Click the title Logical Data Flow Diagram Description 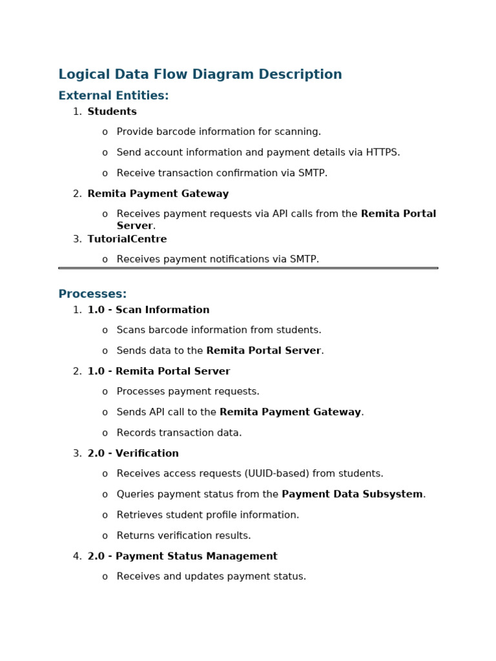[x=200, y=75]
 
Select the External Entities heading [x=114, y=96]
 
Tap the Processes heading [x=92, y=294]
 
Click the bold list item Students [x=112, y=112]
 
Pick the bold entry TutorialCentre [x=127, y=239]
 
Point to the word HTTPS [x=382, y=153]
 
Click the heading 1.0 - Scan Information [x=149, y=310]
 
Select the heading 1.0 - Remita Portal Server [x=159, y=372]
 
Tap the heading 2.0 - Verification [x=133, y=454]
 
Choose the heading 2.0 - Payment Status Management [x=183, y=556]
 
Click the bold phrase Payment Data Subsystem [x=352, y=494]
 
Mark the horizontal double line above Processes [x=248, y=268]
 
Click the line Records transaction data [x=179, y=433]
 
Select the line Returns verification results [x=183, y=536]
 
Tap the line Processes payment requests [x=188, y=392]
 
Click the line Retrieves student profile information [x=208, y=515]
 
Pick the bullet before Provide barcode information [x=105, y=132]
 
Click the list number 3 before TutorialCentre [x=77, y=239]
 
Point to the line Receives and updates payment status [x=211, y=576]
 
